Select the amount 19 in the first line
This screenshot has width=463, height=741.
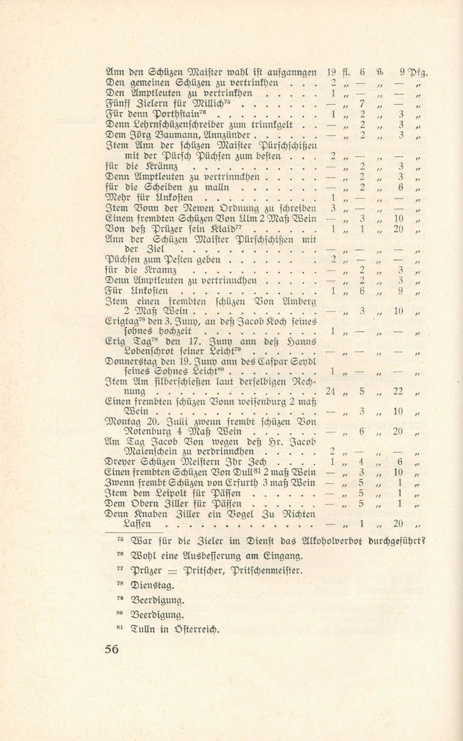click(332, 73)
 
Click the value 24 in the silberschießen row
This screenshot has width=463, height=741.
click(331, 391)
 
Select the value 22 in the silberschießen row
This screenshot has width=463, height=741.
click(398, 391)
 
